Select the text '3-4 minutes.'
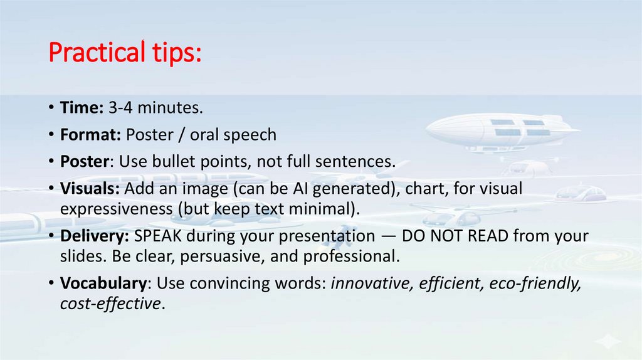(x=155, y=108)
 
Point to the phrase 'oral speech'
(x=240, y=135)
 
